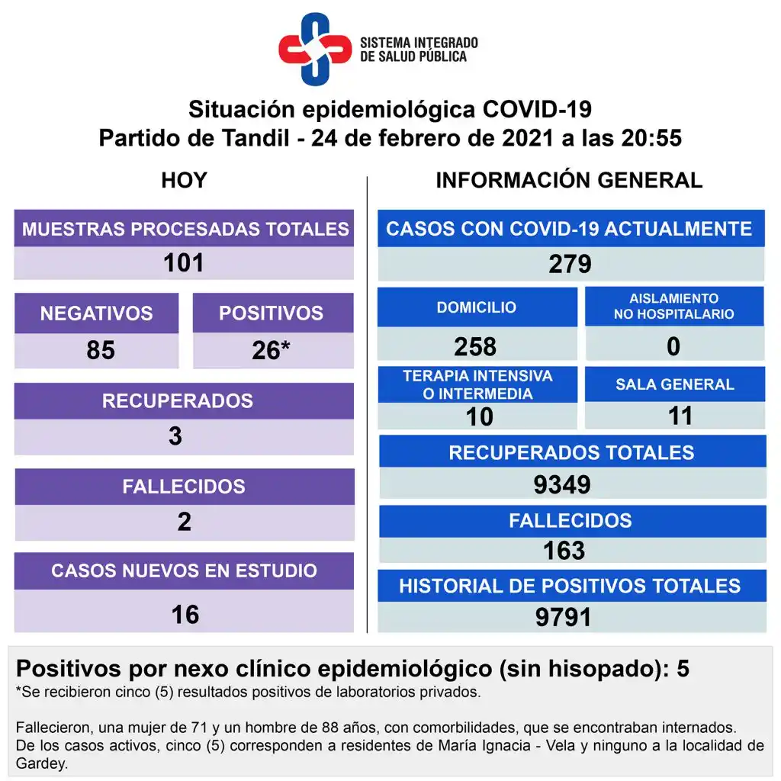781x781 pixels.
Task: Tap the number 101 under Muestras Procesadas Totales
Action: [184, 263]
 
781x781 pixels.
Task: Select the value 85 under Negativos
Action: [101, 350]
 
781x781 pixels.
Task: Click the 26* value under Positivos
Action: [272, 350]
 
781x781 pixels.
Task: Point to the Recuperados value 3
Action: [175, 436]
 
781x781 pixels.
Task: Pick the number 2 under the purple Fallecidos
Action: [184, 522]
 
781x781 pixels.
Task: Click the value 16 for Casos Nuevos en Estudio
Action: [185, 614]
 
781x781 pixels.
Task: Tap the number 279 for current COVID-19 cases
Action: [570, 264]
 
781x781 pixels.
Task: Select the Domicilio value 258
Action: [475, 346]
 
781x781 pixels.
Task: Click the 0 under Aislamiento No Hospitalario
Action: [673, 346]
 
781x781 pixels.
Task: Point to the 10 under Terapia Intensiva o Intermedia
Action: [480, 416]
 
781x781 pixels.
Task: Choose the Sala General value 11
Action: [680, 416]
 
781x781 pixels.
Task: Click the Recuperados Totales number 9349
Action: [563, 484]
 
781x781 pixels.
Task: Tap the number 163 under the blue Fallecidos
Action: [564, 550]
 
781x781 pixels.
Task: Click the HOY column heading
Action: [184, 180]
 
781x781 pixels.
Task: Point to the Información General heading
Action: [569, 180]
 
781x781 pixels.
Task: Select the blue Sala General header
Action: [675, 384]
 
